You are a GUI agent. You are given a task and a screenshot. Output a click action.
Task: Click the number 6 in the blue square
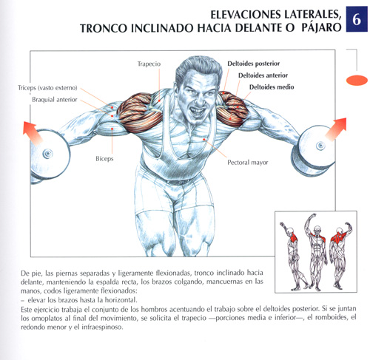pos(357,19)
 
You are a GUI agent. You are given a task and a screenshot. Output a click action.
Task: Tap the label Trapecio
pos(149,64)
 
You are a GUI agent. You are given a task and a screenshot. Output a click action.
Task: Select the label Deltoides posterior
pos(253,64)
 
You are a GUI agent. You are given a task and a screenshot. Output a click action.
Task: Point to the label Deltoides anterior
pos(263,75)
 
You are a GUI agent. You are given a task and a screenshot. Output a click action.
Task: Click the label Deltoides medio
pos(272,87)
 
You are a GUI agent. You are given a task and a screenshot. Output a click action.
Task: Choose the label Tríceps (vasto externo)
pos(47,88)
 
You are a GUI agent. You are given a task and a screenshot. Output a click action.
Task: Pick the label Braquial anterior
pos(55,100)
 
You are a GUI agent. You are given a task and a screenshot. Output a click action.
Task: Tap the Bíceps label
pos(104,159)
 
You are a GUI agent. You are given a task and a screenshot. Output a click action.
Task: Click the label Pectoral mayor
pos(248,163)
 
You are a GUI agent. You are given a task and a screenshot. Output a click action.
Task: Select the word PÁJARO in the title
pos(321,27)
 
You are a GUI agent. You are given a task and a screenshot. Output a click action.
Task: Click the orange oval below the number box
pos(357,80)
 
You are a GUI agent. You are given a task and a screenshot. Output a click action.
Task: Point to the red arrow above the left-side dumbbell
pos(33,133)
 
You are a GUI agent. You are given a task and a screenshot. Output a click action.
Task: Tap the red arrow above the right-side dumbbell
pos(337,129)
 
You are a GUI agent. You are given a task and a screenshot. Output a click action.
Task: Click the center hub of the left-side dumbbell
pos(47,154)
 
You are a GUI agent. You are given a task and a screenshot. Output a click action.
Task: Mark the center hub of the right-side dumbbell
pos(320,146)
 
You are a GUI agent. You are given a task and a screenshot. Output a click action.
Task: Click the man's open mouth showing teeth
pos(197,112)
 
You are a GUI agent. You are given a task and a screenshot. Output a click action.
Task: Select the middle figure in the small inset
pos(315,252)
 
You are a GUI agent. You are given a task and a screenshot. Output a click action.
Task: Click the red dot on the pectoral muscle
pos(204,140)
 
